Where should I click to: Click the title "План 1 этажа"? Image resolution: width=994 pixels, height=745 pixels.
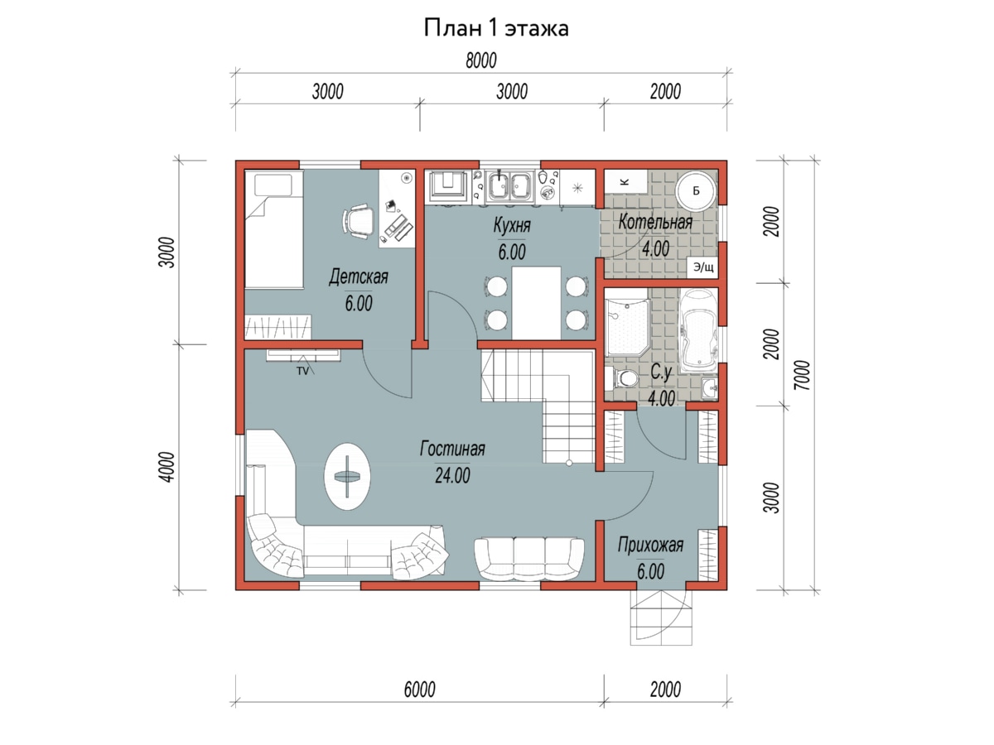tap(496, 28)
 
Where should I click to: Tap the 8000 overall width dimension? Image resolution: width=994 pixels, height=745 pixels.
tap(481, 60)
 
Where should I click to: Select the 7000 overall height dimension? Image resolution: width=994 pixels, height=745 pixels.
tap(802, 375)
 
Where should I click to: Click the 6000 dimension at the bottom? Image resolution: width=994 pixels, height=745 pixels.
tap(419, 690)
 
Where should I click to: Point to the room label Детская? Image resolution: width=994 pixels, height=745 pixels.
tap(358, 276)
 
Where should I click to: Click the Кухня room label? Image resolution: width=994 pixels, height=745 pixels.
tap(512, 225)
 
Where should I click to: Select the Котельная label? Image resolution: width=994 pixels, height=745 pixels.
tap(655, 222)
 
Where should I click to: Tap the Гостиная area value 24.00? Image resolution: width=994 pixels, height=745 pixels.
tap(452, 475)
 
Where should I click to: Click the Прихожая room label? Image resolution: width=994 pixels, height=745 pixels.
tap(650, 546)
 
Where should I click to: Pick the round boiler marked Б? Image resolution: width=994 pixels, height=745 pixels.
tap(695, 191)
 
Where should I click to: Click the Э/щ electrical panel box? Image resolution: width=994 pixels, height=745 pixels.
tap(702, 267)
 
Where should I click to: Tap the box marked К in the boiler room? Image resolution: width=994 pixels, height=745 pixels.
tap(625, 182)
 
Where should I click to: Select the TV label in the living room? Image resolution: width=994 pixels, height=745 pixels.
tap(302, 372)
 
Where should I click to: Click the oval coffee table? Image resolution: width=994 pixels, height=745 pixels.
tap(347, 476)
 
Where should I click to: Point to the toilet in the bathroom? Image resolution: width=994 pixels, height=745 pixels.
tap(623, 378)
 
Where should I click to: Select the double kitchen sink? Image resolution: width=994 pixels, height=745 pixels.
tap(509, 185)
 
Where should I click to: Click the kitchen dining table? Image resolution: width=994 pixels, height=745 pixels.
tap(536, 303)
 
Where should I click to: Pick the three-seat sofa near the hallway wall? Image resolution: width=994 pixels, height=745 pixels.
tap(529, 559)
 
